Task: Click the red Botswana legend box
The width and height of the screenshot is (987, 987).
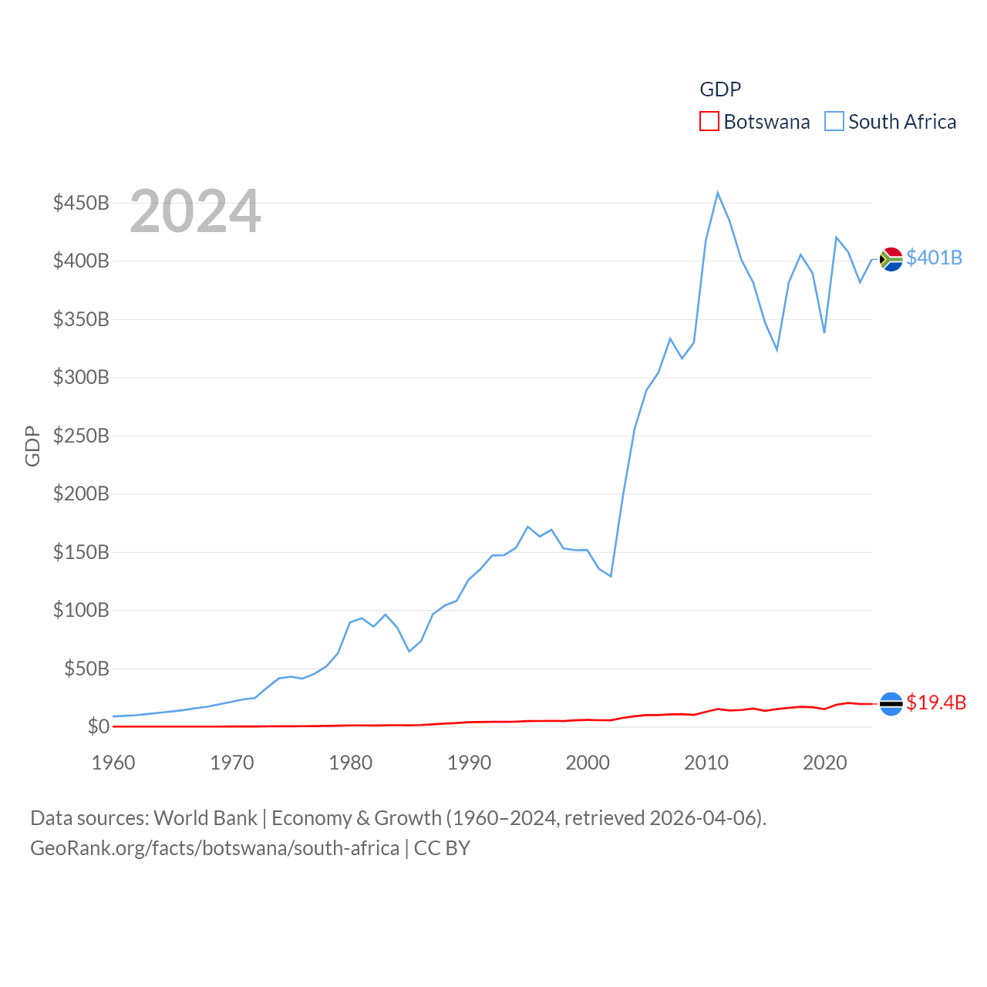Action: [x=709, y=122]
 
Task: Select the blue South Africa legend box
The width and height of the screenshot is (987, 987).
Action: [x=834, y=122]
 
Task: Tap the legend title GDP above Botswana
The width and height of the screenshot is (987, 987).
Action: [x=720, y=89]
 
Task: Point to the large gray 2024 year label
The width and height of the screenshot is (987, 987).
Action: [x=195, y=211]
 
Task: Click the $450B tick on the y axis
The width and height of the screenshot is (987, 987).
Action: [x=81, y=203]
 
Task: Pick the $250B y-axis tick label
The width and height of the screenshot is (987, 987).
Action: [x=81, y=436]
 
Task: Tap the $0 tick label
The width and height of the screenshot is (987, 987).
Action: [x=98, y=726]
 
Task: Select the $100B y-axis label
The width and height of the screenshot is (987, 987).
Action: [x=81, y=610]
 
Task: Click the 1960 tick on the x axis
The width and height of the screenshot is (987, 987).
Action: [x=113, y=763]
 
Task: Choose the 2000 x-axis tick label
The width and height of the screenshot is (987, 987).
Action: [x=588, y=763]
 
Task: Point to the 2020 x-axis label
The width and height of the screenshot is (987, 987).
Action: [x=825, y=763]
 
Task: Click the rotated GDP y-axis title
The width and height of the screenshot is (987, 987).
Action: [x=32, y=446]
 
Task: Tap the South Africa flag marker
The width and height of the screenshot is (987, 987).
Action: [x=891, y=259]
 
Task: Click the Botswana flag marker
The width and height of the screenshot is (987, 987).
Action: [x=891, y=703]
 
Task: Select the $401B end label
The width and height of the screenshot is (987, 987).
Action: [x=934, y=258]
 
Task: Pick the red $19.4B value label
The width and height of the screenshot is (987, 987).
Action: [x=936, y=702]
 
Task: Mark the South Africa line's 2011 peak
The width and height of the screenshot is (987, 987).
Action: [x=718, y=193]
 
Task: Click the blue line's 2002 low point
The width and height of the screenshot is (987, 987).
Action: [x=611, y=576]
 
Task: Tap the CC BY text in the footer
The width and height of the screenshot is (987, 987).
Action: [x=442, y=848]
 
